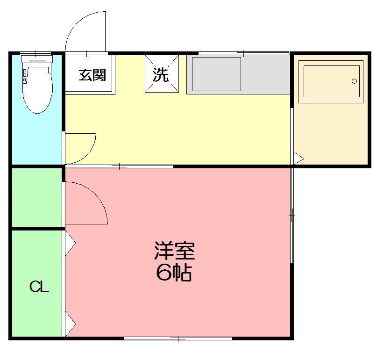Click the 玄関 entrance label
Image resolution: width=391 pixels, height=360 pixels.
pos(92,75)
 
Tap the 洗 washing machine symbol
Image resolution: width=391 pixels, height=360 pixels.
pos(161,74)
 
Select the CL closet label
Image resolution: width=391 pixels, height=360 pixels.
pos(39,287)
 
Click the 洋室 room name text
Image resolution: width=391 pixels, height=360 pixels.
pos(174,252)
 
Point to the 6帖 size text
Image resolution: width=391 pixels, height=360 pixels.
pos(174,273)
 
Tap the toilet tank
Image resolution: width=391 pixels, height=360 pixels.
pos(38,59)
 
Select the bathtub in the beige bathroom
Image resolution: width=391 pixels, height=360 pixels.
pos(332,81)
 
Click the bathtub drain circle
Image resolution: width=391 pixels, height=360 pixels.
pos(354,81)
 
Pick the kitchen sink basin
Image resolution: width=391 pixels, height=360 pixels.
pos(216,74)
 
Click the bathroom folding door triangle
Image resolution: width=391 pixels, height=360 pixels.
pos(298,158)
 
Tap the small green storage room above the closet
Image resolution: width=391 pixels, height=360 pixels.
pos(36,197)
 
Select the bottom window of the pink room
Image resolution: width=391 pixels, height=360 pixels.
pos(178,338)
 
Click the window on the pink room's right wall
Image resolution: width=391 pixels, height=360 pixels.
pos(292,215)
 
